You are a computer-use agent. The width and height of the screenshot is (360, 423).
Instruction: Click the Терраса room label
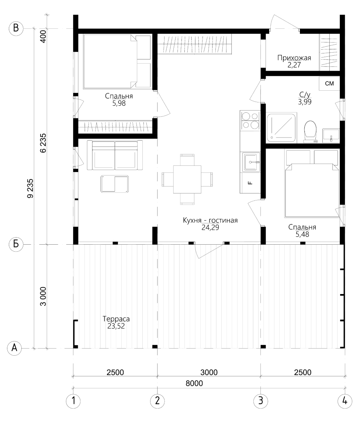116,319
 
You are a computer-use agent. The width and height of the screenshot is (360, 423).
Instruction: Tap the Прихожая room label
294,58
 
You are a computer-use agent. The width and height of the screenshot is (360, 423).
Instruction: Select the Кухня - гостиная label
210,220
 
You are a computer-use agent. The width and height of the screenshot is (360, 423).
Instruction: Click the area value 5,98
119,103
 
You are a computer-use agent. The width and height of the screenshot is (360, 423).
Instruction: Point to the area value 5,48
302,234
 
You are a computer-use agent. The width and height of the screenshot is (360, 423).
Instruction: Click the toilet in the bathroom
310,132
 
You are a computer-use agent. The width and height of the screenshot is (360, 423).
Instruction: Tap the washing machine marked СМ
329,84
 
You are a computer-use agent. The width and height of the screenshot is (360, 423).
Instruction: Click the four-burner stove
250,120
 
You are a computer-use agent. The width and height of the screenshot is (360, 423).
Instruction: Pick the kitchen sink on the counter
251,162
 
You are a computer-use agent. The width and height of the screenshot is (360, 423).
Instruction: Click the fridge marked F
250,183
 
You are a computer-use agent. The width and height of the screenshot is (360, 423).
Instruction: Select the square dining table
187,179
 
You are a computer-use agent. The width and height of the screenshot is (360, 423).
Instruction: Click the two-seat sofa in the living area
115,155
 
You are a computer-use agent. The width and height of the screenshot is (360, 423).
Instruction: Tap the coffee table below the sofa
115,184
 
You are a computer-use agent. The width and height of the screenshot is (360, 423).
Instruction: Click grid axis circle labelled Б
16,244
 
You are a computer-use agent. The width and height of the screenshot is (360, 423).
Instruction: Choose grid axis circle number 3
261,401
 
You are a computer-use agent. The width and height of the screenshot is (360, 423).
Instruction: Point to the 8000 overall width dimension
194,383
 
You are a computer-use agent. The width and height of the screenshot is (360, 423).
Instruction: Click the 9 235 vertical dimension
30,189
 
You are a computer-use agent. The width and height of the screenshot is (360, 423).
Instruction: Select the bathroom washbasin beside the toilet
331,136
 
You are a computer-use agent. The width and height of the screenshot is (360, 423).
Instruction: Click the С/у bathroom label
305,95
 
